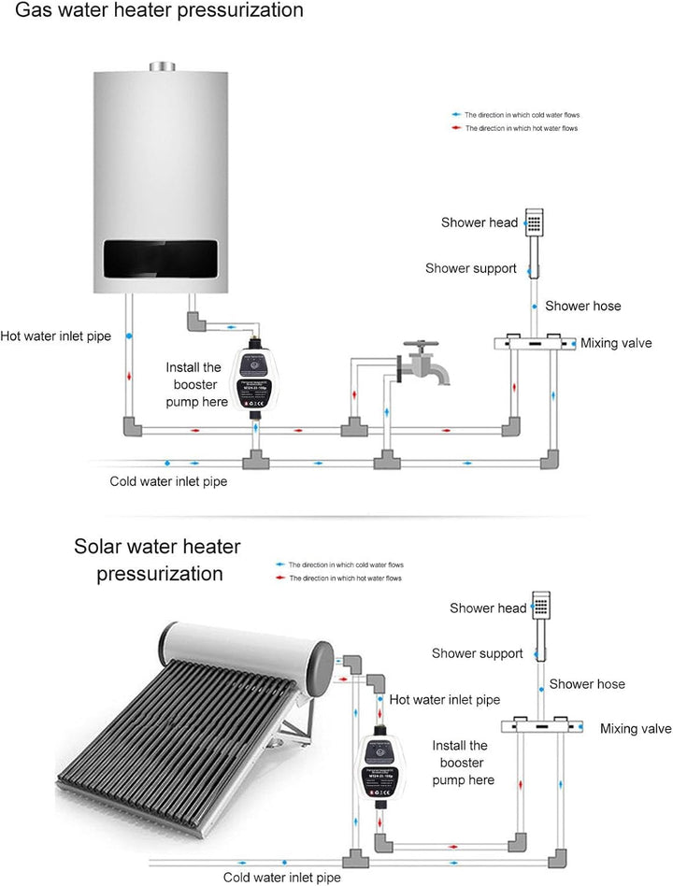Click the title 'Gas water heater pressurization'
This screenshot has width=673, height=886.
tap(151, 11)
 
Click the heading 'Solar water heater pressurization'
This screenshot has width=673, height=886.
tap(157, 559)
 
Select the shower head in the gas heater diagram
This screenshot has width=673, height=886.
tap(534, 223)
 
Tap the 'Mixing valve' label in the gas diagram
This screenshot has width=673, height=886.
tap(616, 343)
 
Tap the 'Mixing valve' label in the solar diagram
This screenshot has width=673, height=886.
tap(636, 728)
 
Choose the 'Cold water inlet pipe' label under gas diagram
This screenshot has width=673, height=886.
tap(168, 482)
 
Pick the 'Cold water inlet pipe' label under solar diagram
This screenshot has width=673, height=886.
tap(281, 877)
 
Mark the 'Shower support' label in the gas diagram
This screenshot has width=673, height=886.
tap(470, 268)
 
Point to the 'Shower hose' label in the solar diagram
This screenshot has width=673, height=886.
tap(587, 684)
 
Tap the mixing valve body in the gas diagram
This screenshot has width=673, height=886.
tap(528, 343)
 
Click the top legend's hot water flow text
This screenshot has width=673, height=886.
tap(522, 128)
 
